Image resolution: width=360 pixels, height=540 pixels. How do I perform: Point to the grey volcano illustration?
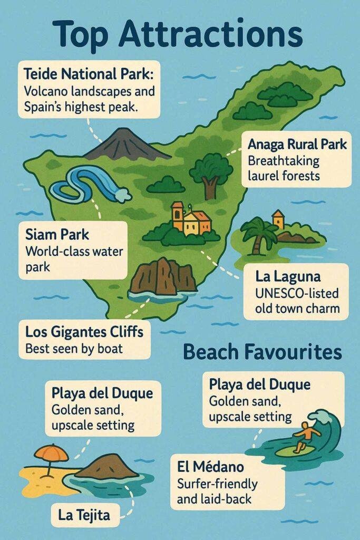(125, 145)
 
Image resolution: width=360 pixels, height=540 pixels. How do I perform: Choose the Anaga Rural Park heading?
(297, 144)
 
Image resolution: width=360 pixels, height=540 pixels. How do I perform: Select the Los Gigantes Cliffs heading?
(84, 333)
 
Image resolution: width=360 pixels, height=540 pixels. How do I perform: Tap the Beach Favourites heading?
(262, 352)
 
